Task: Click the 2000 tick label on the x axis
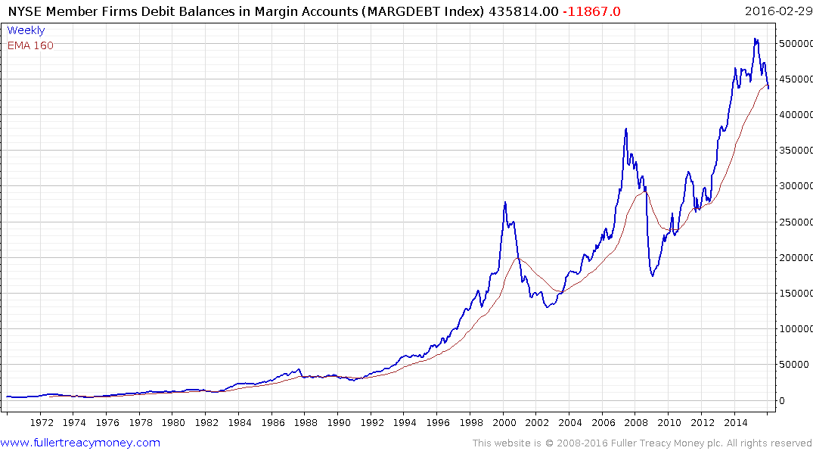click(504, 422)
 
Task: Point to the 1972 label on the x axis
click(42, 422)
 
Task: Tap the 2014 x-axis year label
click(735, 422)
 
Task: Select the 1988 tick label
click(306, 422)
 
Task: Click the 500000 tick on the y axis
click(796, 44)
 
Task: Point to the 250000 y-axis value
click(796, 222)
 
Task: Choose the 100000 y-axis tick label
click(796, 329)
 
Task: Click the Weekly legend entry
click(26, 31)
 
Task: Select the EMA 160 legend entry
click(30, 45)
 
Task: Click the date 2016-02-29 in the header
click(777, 11)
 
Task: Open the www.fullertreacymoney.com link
click(80, 443)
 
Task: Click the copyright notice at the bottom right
click(642, 443)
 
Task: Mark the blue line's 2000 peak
click(504, 202)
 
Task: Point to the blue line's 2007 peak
click(626, 129)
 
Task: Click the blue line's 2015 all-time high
click(755, 39)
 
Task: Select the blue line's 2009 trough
click(652, 275)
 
